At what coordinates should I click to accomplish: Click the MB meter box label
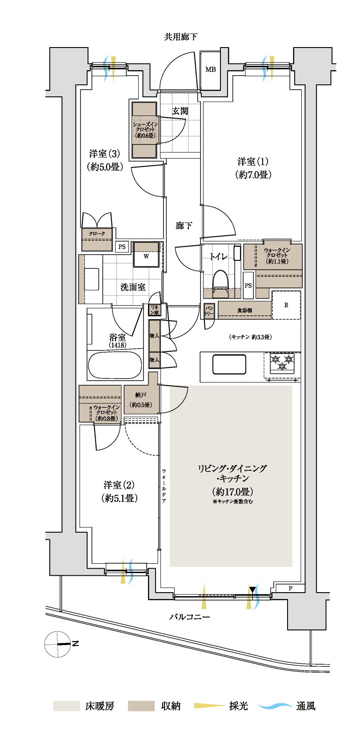point(210,69)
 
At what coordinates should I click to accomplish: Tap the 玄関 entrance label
point(180,111)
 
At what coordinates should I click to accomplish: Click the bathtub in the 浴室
point(115,365)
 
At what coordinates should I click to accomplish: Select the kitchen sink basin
point(229,364)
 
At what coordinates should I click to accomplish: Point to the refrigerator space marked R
point(286,305)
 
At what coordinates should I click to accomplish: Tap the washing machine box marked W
point(146,255)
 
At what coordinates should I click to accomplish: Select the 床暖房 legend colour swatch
point(66,706)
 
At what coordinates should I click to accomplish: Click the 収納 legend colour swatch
point(141,706)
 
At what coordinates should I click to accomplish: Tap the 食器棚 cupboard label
point(244,310)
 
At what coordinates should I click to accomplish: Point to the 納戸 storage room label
point(141,395)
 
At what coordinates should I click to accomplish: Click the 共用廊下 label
point(180,36)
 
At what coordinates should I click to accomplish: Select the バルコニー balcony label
point(189,617)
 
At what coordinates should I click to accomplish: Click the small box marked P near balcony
point(290,588)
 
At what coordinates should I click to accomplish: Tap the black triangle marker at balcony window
point(252,590)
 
